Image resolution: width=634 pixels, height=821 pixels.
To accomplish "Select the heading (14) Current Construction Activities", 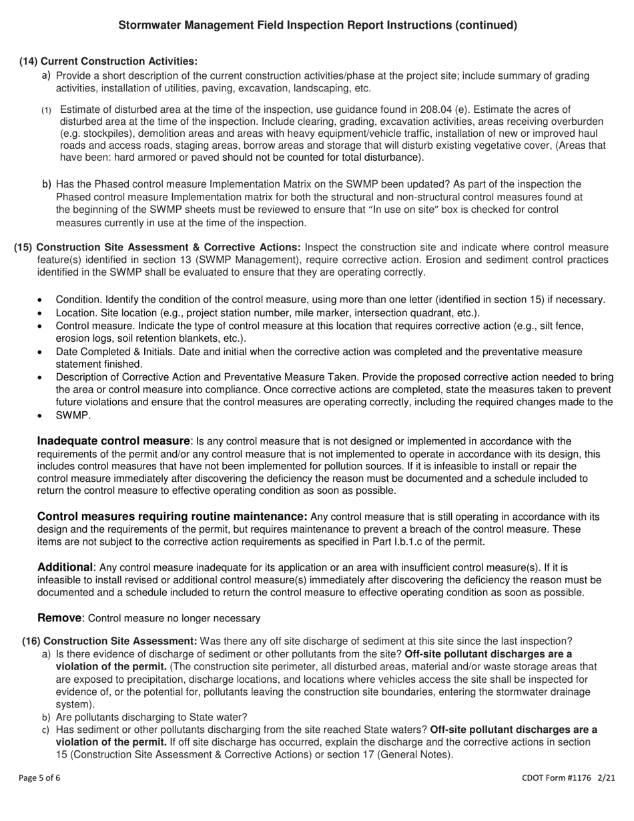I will coord(108,61).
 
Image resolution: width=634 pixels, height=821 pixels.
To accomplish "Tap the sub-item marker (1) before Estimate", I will coord(47,109).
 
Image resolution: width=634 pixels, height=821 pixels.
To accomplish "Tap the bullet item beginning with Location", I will coord(267,312).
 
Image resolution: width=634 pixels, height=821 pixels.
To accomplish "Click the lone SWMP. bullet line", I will coord(73,416).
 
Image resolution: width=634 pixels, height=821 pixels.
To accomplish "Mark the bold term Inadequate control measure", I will coord(113,441).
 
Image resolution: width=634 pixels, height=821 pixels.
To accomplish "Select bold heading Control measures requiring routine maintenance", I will coord(172,517).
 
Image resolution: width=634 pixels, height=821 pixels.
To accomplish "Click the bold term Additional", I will coord(64,567).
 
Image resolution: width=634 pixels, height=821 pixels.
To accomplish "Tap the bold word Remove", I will coord(60,618).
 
